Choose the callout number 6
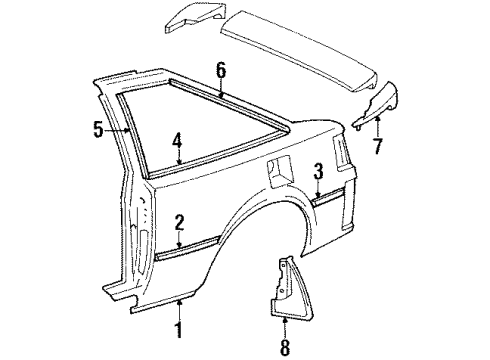tap(221, 71)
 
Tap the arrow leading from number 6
tap(221, 87)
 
